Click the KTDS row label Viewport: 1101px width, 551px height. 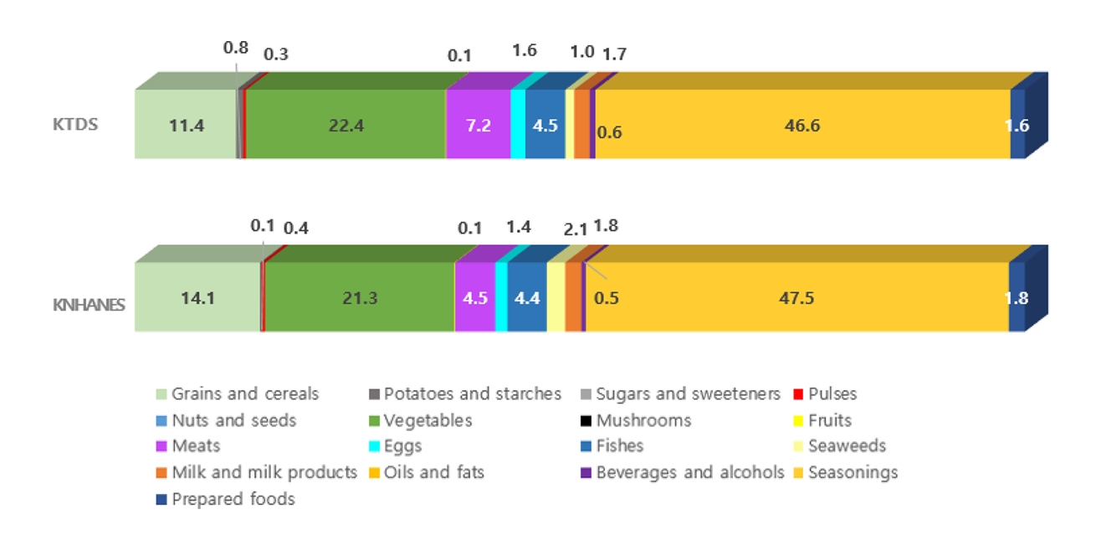tap(76, 125)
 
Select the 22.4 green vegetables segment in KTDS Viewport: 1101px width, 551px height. tap(346, 125)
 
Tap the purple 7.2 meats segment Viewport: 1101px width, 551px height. tap(478, 125)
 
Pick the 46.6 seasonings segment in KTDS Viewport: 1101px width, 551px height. tap(803, 125)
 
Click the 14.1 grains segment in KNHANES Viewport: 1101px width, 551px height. tap(197, 297)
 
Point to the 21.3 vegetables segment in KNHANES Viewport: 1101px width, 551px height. tap(359, 297)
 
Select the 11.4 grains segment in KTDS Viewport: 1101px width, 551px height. tap(187, 125)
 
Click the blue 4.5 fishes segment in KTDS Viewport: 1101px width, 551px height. tap(545, 125)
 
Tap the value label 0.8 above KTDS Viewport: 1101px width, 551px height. tap(235, 48)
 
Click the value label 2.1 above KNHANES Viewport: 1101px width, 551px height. tap(575, 228)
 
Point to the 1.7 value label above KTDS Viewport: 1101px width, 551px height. tap(614, 55)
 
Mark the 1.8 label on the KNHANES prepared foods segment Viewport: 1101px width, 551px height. tap(1017, 298)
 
